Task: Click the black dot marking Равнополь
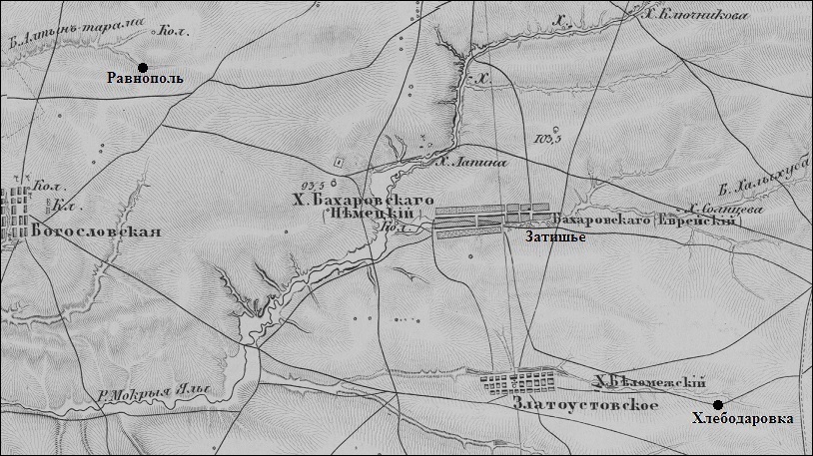[x=143, y=66]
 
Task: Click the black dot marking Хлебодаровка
[x=717, y=403]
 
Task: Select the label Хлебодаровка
[x=742, y=419]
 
